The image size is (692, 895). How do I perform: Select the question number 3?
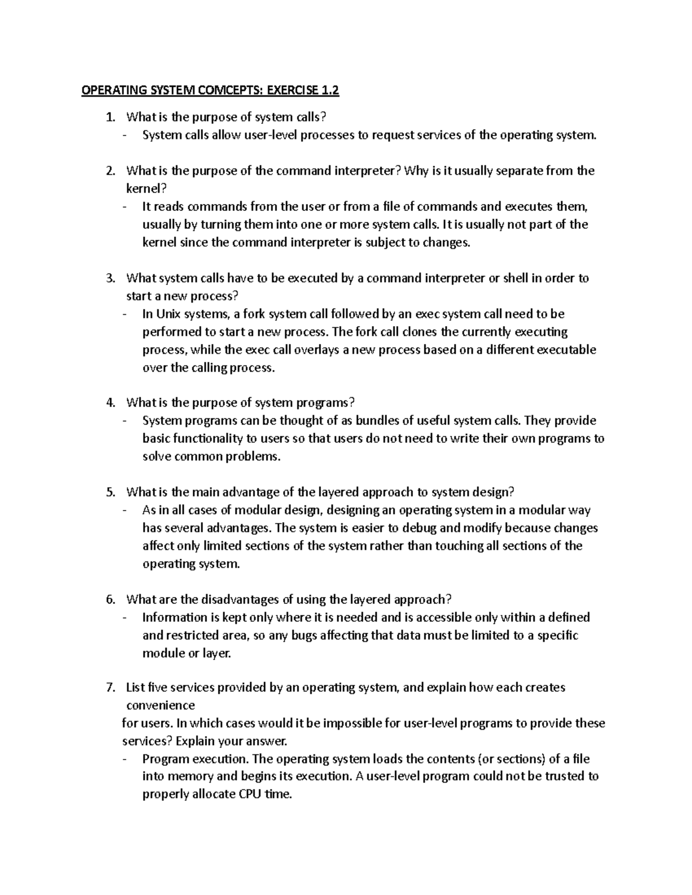pos(111,278)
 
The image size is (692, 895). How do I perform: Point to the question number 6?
pos(111,599)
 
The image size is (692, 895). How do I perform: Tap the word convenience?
pos(160,705)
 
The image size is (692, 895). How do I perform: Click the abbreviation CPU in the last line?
pos(249,794)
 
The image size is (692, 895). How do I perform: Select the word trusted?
pos(563,776)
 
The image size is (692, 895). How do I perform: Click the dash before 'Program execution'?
pos(125,759)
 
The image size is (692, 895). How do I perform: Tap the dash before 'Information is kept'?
pos(125,617)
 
